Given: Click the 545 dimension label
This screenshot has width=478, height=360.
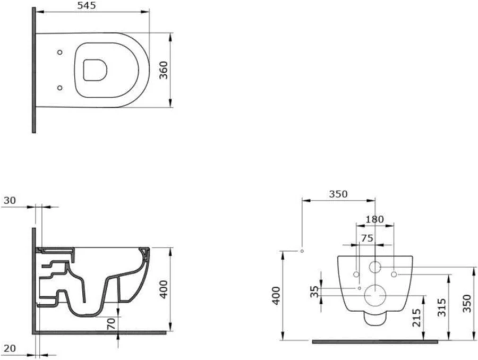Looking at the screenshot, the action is coord(86,5).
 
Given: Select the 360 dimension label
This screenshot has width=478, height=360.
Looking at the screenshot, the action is coord(164,70).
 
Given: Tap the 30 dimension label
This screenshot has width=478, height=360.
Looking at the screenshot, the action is coord(10,200).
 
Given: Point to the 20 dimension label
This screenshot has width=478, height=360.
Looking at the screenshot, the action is coord(10,348).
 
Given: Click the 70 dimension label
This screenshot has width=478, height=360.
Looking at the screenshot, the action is coord(112,323).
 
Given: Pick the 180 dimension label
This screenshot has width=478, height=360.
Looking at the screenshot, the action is coord(374,219).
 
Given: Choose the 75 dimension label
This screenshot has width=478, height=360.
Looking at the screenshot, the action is coord(367,238).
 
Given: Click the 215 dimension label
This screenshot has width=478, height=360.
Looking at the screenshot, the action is coord(416,318).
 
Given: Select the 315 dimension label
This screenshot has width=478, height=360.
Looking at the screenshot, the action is coord(442,307).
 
